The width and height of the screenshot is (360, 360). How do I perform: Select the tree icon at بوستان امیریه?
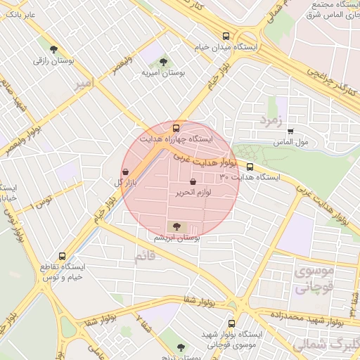tap(165, 62)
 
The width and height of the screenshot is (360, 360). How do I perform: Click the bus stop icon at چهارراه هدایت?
tap(176, 128)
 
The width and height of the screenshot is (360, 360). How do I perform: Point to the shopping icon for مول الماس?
tap(290, 131)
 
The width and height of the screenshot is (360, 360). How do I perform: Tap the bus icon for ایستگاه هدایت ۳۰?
tap(250, 167)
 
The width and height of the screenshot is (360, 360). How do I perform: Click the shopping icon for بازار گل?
tap(125, 172)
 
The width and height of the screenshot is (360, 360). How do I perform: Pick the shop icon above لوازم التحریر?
tap(193, 181)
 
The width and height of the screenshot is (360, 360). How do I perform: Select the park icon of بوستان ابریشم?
tap(176, 226)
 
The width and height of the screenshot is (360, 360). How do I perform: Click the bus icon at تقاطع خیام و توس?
tap(63, 257)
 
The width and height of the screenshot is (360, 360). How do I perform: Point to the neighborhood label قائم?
tap(147, 257)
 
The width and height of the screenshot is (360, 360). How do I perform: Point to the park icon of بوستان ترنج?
tap(181, 347)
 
